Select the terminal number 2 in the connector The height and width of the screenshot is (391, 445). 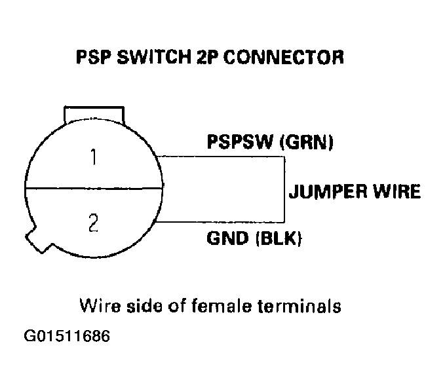pyautogui.click(x=93, y=223)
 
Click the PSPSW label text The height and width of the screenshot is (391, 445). pyautogui.click(x=240, y=143)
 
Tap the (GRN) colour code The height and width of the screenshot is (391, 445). pyautogui.click(x=307, y=143)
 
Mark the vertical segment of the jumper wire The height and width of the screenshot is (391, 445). pyautogui.click(x=284, y=189)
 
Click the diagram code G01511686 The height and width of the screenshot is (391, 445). pyautogui.click(x=67, y=337)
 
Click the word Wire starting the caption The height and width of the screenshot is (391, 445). pyautogui.click(x=95, y=306)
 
